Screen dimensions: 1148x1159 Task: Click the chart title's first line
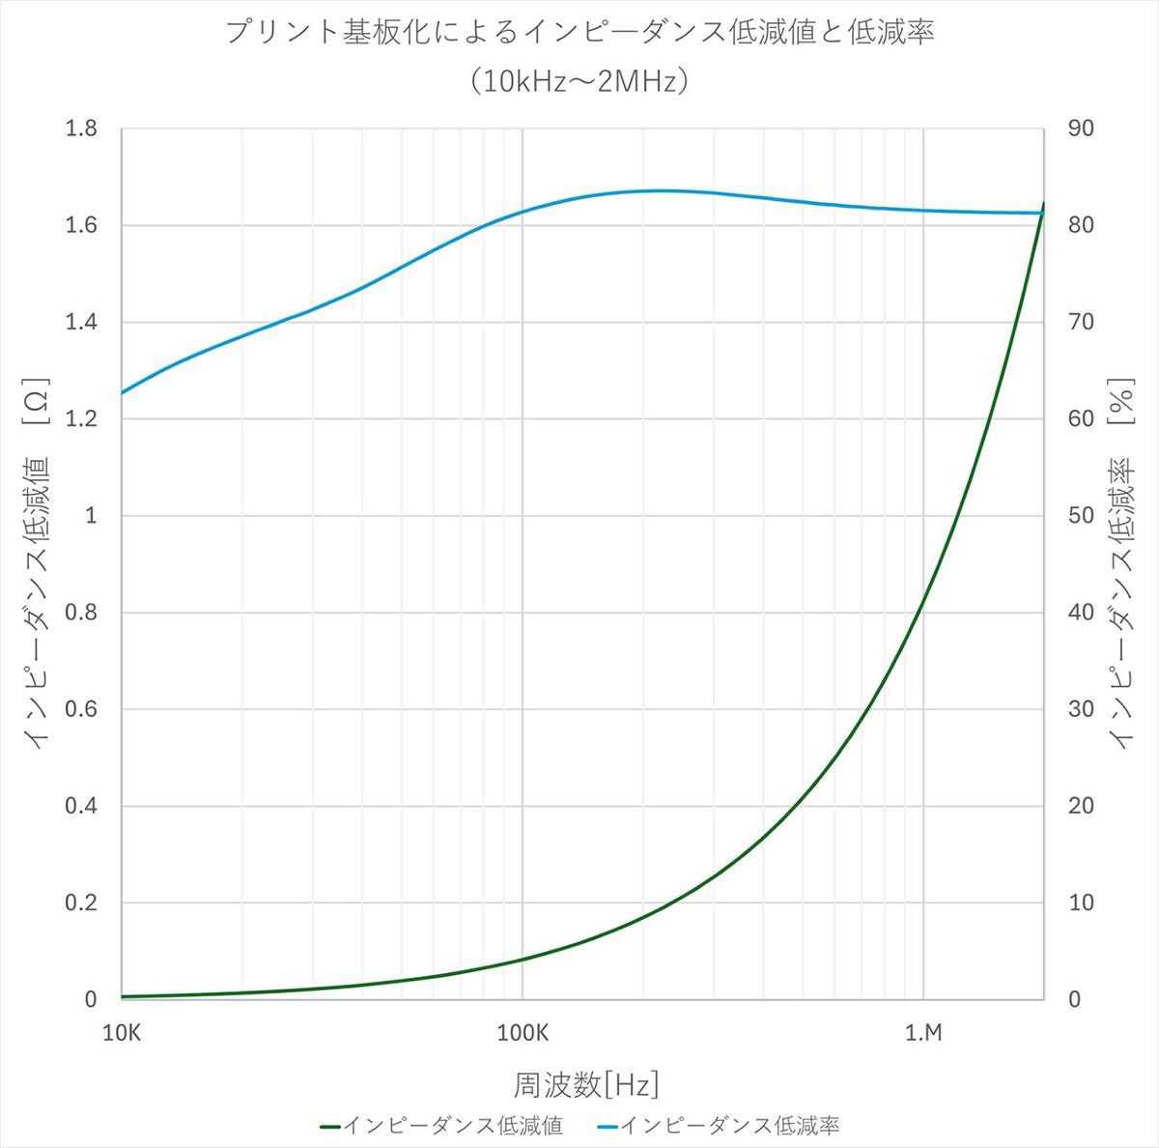coord(579,33)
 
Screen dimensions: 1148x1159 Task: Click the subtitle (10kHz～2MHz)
coord(579,81)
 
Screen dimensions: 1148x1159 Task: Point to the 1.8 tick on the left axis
coord(81,129)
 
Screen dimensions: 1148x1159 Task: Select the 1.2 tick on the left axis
coord(81,418)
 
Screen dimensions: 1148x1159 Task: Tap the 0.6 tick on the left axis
coord(81,709)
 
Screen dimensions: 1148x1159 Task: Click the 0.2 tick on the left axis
coord(81,903)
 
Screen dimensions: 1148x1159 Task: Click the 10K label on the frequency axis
coord(122,1033)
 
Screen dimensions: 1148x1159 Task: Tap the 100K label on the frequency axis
coord(523,1033)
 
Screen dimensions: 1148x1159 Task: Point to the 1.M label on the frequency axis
coord(923,1033)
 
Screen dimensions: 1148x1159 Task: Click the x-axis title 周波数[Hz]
coord(585,1084)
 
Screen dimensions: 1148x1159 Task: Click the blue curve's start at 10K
coord(123,392)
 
